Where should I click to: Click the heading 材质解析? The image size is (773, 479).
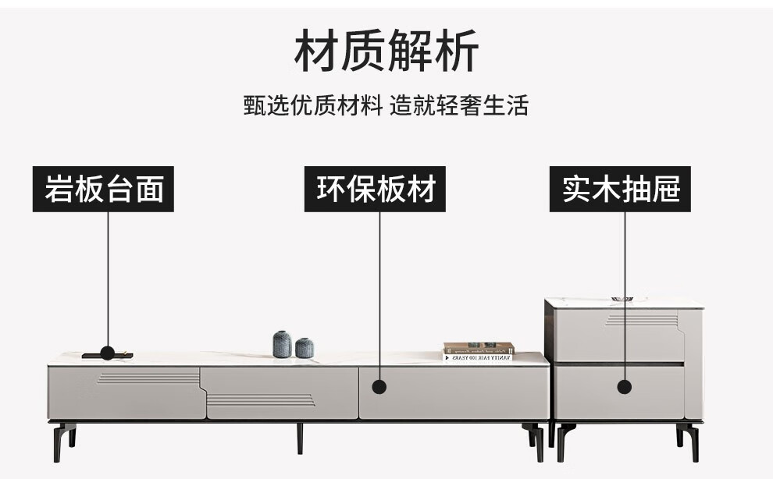coord(386,51)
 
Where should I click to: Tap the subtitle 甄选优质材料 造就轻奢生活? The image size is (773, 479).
coord(386,105)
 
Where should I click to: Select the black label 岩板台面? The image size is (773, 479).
coord(104,189)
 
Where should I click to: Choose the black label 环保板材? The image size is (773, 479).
coord(375,189)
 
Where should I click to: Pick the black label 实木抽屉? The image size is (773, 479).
coord(621,189)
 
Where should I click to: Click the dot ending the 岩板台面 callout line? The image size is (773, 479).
coord(107,353)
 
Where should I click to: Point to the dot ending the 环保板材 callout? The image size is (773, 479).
coord(379,386)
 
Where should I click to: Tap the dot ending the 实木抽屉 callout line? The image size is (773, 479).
coord(624,386)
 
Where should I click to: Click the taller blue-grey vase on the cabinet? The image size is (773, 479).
coord(282,344)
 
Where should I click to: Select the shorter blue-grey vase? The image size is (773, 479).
coord(305,348)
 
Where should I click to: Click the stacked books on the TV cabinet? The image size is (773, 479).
coord(478,352)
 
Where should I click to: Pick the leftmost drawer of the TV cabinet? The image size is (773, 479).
coord(125,393)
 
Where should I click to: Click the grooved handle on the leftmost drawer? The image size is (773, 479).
coord(148,378)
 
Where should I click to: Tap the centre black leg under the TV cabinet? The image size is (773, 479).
coord(299,438)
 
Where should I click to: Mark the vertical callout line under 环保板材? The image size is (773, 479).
coord(379,296)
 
